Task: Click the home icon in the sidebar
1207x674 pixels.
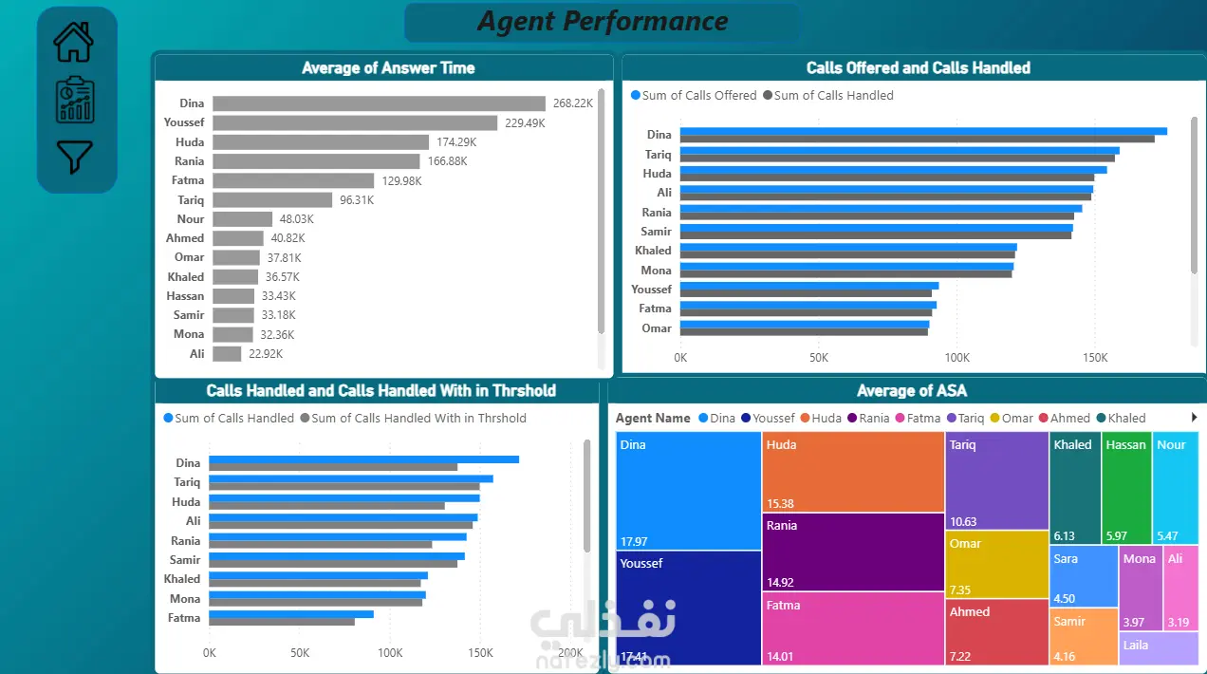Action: click(x=73, y=42)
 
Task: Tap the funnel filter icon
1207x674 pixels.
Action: click(x=74, y=157)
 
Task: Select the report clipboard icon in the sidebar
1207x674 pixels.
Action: click(x=75, y=100)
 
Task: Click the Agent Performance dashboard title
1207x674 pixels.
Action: click(x=603, y=22)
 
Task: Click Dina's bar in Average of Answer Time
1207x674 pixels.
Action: click(x=379, y=103)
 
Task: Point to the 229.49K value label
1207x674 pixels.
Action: click(x=525, y=123)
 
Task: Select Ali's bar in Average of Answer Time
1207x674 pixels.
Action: click(x=227, y=354)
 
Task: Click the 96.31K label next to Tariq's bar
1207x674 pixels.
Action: click(x=357, y=200)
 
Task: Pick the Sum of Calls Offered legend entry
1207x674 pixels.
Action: click(x=694, y=96)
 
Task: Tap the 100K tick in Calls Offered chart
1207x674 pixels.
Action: click(x=957, y=358)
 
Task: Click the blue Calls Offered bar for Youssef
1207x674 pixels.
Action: click(x=809, y=286)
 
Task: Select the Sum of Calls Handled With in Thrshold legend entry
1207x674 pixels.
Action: click(x=414, y=418)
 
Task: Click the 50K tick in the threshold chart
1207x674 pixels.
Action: click(x=300, y=653)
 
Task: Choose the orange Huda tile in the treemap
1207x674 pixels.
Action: click(x=853, y=472)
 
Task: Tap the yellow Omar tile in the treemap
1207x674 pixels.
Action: click(x=997, y=565)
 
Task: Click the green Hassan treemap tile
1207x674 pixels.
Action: click(x=1126, y=487)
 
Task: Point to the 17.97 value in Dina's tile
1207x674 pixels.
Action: click(x=634, y=541)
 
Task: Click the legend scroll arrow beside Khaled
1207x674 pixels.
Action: click(x=1194, y=418)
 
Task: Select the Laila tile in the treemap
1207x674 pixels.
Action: click(x=1159, y=648)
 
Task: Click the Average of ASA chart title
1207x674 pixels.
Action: click(x=912, y=390)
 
